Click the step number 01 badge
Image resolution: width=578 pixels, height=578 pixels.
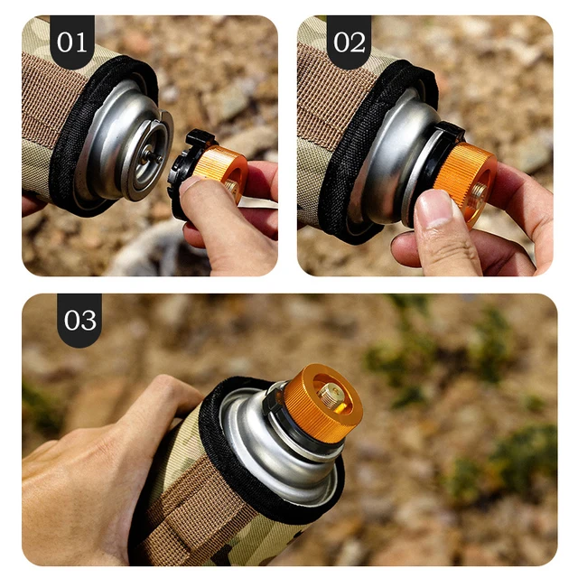[x=71, y=42]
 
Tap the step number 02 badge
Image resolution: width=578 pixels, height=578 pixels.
[x=349, y=42]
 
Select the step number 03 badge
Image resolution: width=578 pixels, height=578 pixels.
[x=79, y=320]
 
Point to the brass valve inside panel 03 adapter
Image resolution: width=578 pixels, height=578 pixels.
[x=330, y=395]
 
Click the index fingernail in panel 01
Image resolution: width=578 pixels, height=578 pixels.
[x=191, y=186]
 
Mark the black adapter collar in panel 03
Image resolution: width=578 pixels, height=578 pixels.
[x=289, y=424]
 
